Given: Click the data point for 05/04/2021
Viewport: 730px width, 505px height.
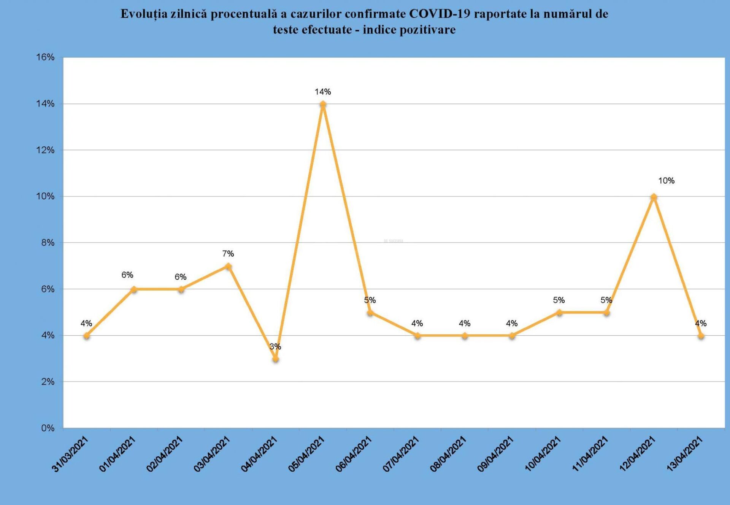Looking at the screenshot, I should click(x=323, y=104).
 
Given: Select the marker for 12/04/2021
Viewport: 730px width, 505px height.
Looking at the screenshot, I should click(x=654, y=197).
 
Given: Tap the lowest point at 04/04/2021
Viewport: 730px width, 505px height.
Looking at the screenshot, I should click(x=276, y=359).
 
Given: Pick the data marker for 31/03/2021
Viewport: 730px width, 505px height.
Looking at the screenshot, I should click(x=87, y=335).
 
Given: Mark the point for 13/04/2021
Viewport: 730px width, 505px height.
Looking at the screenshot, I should click(x=701, y=335).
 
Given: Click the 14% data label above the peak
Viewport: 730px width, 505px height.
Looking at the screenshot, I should click(x=323, y=92).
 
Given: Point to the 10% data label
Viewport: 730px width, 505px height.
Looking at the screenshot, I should click(x=666, y=181).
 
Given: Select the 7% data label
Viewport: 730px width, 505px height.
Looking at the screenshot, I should click(x=228, y=254).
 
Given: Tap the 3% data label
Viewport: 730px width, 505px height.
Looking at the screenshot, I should click(x=275, y=346).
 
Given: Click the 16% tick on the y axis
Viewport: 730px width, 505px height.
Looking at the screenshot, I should click(x=45, y=57).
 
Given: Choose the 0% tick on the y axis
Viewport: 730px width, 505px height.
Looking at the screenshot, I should click(x=48, y=428).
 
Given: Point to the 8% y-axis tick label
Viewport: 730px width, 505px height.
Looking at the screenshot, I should click(x=48, y=243).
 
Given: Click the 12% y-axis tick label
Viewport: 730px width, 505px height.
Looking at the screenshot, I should click(x=45, y=150).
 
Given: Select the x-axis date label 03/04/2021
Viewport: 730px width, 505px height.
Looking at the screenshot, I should click(x=212, y=454).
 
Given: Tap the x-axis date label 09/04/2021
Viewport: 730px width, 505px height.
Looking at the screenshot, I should click(x=495, y=454).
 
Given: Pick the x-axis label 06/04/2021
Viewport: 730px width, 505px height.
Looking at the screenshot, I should click(x=354, y=454).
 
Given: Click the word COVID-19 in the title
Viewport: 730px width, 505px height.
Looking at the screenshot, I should click(x=440, y=14).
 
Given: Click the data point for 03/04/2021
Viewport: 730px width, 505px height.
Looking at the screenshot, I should click(x=228, y=266).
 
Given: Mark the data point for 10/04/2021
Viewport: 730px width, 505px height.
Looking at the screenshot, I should click(x=559, y=313).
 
